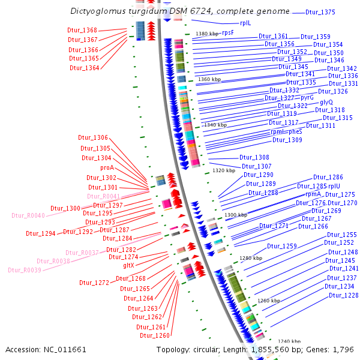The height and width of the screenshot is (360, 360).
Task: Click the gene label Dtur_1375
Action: pyautogui.click(x=320, y=12)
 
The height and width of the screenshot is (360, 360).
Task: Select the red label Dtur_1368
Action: pyautogui.click(x=82, y=30)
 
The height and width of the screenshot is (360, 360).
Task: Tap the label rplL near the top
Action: pyautogui.click(x=245, y=23)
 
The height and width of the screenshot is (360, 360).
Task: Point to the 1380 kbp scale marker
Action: pyautogui.click(x=208, y=34)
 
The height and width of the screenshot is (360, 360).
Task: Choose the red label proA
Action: pyautogui.click(x=107, y=168)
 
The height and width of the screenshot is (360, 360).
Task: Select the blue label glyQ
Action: pyautogui.click(x=326, y=103)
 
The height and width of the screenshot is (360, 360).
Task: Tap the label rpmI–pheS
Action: pyautogui.click(x=286, y=132)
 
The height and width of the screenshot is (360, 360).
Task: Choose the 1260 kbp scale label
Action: pyautogui.click(x=269, y=300)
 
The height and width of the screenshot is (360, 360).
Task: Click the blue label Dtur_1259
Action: pyautogui.click(x=281, y=246)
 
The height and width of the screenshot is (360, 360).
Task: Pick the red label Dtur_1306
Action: pyautogui.click(x=94, y=138)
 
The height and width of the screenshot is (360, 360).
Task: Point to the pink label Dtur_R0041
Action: pyautogui.click(x=103, y=196)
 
